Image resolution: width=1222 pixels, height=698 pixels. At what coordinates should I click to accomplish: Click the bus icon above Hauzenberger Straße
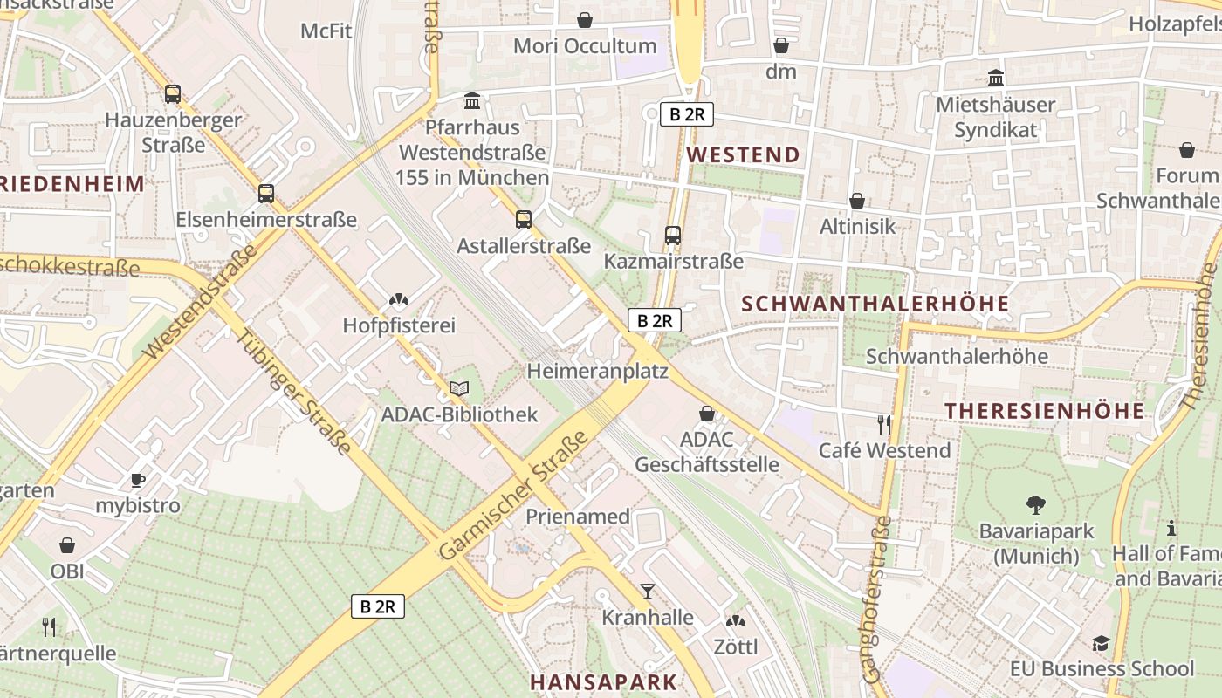tap(173, 94)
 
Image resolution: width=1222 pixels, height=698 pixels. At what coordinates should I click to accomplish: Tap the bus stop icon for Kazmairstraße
tap(672, 235)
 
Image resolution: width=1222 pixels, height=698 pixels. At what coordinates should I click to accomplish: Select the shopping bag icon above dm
tap(781, 45)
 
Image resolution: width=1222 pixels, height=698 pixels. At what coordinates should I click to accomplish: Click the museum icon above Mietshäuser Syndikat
tap(995, 79)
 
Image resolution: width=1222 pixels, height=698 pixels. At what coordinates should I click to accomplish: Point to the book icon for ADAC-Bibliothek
tap(459, 388)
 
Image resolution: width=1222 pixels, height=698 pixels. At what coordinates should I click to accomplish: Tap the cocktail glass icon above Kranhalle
tap(647, 592)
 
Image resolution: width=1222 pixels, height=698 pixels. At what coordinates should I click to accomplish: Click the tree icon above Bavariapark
tap(1036, 504)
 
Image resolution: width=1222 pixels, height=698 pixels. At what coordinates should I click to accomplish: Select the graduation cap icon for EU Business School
tap(1101, 644)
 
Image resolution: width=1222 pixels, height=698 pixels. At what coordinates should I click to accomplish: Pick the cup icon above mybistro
tap(137, 480)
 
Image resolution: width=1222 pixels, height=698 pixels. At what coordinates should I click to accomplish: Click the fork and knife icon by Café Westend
tap(884, 425)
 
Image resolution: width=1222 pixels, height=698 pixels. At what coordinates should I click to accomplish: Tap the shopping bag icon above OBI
tap(67, 546)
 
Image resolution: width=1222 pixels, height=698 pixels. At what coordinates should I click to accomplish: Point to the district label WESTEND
tap(743, 155)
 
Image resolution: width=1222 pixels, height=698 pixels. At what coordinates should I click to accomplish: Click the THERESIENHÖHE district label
tap(1044, 411)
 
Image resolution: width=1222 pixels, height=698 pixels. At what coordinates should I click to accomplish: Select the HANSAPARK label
tap(603, 681)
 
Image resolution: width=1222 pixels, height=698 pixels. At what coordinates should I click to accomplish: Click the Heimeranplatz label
tap(597, 372)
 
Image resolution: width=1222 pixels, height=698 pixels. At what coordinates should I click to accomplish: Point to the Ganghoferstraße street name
tap(876, 599)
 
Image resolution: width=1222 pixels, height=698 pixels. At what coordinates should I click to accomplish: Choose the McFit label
tap(326, 31)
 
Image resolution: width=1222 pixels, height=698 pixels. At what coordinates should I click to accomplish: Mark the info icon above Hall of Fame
tap(1171, 528)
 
